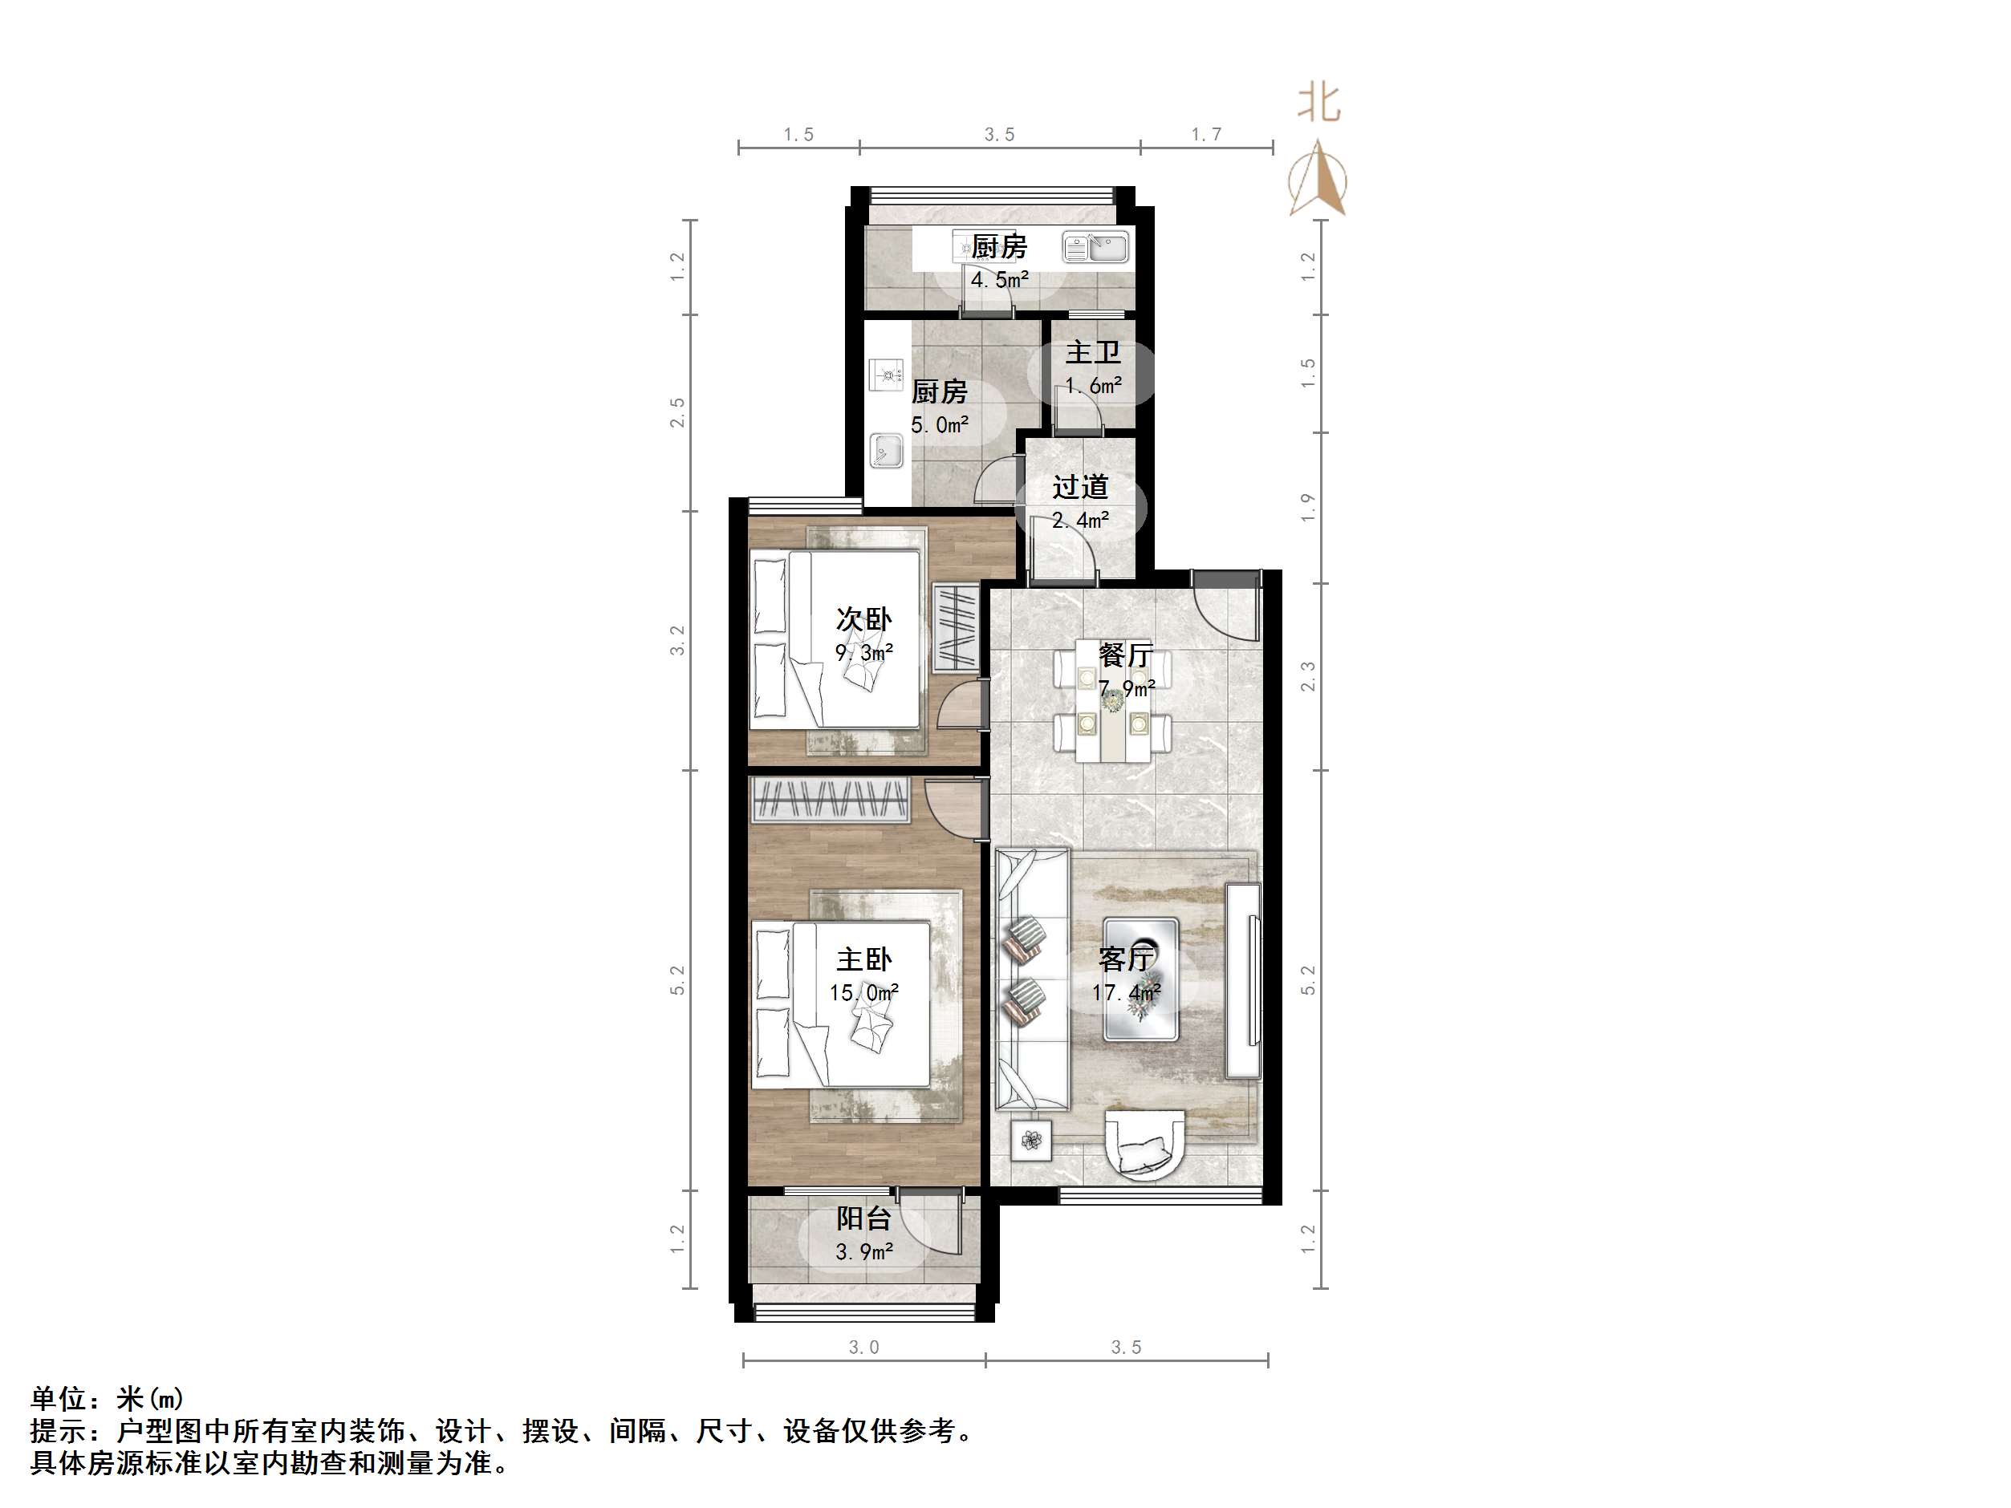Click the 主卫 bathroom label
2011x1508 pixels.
click(1092, 353)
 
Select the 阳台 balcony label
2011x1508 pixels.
click(863, 1219)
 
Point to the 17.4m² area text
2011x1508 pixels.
click(1127, 992)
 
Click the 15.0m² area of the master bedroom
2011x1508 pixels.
click(863, 992)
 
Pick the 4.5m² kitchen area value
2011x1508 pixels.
click(999, 280)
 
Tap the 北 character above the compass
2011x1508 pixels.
click(1319, 103)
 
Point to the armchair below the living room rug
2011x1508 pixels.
click(1144, 1145)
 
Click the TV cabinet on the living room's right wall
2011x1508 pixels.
click(1243, 980)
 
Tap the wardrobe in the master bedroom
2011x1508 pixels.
click(829, 801)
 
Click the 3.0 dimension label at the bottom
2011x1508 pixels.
click(863, 1347)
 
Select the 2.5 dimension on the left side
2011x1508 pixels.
click(677, 414)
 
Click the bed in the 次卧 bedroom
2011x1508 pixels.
click(836, 639)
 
